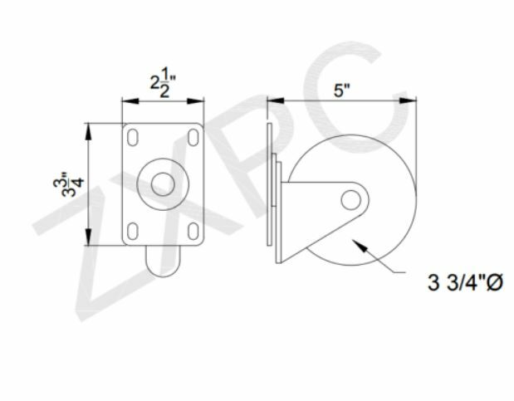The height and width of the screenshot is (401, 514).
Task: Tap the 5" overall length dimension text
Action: [341, 90]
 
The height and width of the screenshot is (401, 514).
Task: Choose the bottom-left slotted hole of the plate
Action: [132, 230]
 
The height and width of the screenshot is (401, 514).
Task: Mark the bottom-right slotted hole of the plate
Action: [193, 230]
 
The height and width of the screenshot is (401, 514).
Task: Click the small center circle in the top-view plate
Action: [163, 183]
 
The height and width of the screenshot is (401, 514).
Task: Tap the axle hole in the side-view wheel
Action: [351, 199]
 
